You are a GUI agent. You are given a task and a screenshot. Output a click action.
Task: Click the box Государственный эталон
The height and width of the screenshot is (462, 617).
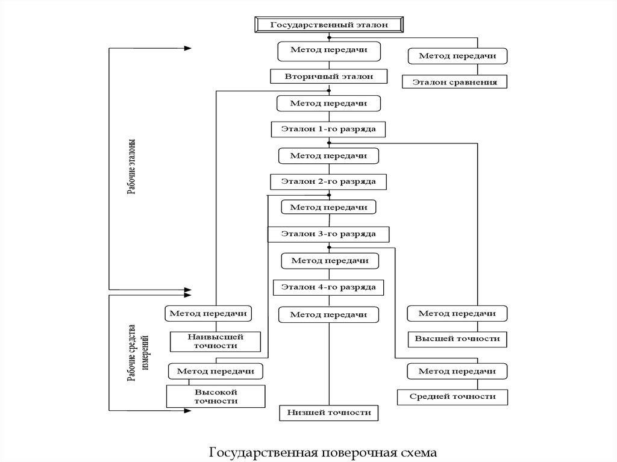[x=329, y=25]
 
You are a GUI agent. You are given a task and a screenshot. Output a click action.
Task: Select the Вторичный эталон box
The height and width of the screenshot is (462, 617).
[x=328, y=76]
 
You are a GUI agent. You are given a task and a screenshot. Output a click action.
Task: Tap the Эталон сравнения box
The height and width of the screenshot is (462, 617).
[x=454, y=82]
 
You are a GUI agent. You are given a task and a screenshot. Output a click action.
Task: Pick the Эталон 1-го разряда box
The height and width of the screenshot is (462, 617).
[x=328, y=129]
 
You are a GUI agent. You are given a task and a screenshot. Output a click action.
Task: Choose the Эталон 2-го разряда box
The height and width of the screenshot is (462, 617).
[x=328, y=182]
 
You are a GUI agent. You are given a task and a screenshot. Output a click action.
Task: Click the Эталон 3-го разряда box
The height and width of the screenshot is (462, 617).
[x=328, y=234]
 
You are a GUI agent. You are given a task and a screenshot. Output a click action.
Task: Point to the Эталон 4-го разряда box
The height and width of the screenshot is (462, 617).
[x=328, y=287]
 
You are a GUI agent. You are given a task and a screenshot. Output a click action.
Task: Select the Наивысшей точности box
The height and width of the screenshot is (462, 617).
[x=215, y=342]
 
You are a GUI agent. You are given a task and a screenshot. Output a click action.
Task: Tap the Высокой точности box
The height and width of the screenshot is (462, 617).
[x=216, y=396]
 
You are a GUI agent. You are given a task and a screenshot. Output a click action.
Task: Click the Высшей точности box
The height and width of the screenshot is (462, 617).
[x=457, y=339]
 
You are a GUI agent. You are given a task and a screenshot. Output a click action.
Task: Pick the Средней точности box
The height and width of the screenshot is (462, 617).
[x=453, y=397]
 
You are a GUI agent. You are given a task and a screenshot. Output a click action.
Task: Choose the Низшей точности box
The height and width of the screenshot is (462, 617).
[x=328, y=413]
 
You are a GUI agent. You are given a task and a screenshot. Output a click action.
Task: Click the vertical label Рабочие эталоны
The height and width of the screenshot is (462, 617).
[x=131, y=167]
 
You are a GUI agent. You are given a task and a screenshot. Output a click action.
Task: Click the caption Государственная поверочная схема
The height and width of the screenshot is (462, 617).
[x=323, y=452]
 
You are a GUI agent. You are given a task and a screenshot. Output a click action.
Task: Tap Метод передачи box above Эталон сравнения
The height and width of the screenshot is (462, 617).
[x=457, y=56]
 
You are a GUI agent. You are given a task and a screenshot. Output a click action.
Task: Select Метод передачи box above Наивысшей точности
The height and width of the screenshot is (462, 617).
[x=208, y=314]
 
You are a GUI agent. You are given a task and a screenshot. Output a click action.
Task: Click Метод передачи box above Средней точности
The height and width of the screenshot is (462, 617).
[x=457, y=371]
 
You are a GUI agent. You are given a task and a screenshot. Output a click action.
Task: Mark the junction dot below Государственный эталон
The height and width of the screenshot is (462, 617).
[x=330, y=38]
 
